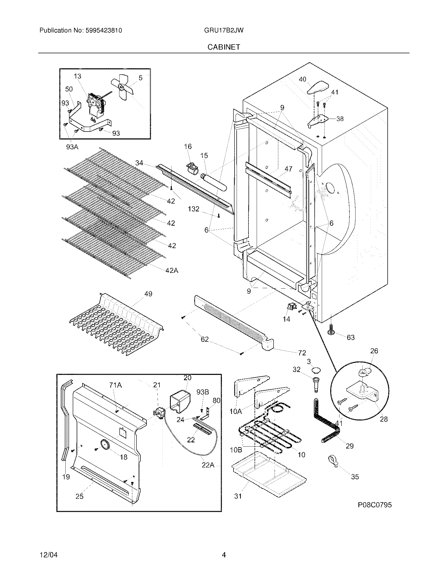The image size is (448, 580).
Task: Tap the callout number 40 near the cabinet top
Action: coord(303,79)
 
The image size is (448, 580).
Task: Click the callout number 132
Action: coord(193,209)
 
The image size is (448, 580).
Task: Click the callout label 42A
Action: coord(172,270)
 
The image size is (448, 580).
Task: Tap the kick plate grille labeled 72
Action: coord(233,323)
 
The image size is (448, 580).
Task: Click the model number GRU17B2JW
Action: coord(224,31)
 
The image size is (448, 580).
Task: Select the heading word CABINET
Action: coord(224,47)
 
